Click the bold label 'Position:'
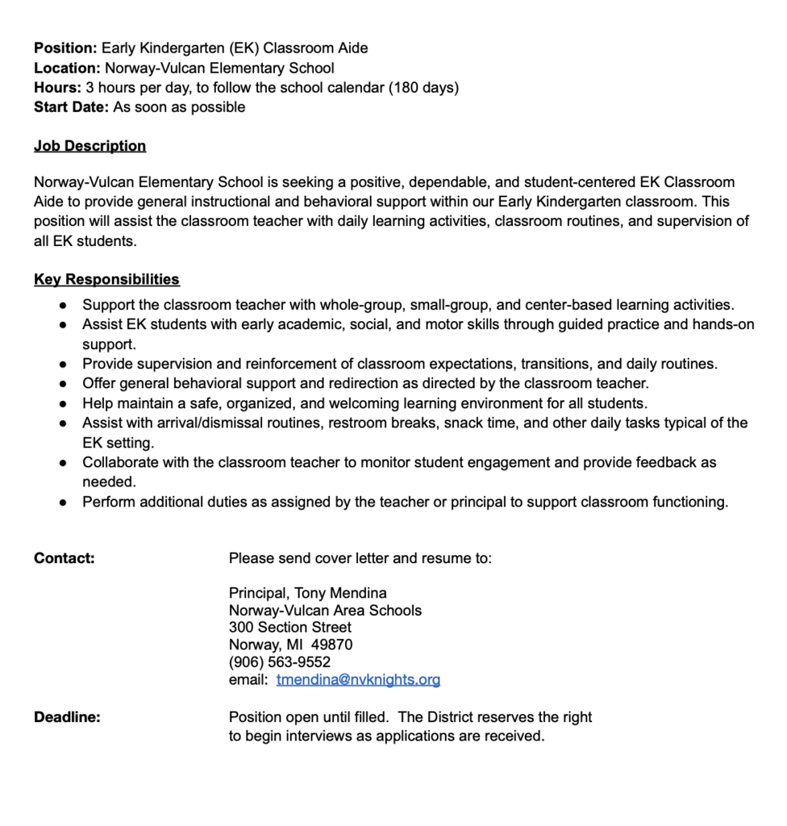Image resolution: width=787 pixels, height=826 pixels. click(x=65, y=48)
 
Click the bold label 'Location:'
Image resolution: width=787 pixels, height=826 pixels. click(x=67, y=68)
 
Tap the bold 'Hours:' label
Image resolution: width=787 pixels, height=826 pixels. click(x=57, y=88)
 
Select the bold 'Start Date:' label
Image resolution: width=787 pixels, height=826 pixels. click(x=71, y=107)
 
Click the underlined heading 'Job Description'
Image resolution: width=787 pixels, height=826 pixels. click(x=90, y=146)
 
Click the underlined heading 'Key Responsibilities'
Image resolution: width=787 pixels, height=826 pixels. click(x=106, y=280)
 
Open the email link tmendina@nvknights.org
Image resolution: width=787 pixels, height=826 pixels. click(x=358, y=680)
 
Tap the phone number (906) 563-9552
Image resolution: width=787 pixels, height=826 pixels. click(x=279, y=662)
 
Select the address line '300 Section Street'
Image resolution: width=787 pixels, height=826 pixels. click(x=289, y=627)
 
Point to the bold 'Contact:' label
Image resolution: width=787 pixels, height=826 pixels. click(x=64, y=558)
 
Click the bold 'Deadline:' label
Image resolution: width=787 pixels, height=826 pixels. click(x=67, y=717)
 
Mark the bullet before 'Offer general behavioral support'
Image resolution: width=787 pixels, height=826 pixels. click(x=63, y=384)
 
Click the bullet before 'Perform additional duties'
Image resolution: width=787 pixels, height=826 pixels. click(x=63, y=503)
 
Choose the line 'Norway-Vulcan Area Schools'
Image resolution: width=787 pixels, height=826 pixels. click(x=325, y=610)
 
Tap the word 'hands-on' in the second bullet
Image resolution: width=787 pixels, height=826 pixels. click(x=725, y=325)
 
